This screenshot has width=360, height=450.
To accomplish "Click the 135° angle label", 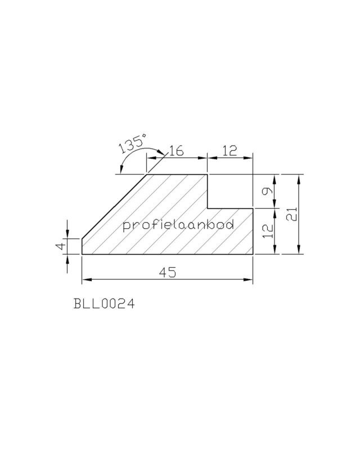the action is pyautogui.click(x=132, y=143).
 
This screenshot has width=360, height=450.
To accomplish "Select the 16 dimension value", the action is pyautogui.click(x=175, y=151).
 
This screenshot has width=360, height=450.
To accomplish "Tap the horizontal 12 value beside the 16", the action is pyautogui.click(x=229, y=151).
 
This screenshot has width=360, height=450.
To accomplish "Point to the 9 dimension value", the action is pyautogui.click(x=267, y=191).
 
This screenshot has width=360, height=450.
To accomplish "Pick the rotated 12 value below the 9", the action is pyautogui.click(x=268, y=231).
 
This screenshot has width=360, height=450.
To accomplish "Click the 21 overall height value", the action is pyautogui.click(x=291, y=214).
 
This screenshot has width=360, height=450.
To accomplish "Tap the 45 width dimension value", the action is pyautogui.click(x=168, y=272).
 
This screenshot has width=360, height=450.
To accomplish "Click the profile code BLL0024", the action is pyautogui.click(x=104, y=303).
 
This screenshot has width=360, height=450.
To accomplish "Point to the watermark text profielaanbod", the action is pyautogui.click(x=178, y=224).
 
